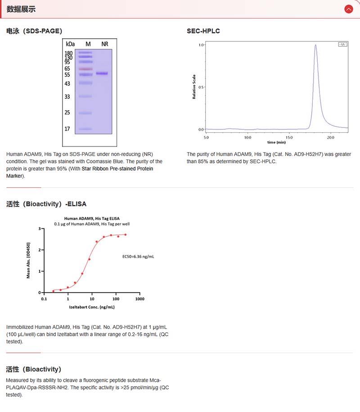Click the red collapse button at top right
[348, 9]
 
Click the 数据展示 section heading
[21, 9]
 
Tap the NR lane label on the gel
[105, 44]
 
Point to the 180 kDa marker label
[68, 53]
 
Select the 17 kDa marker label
[67, 129]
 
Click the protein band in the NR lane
[102, 73]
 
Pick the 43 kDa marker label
[67, 84]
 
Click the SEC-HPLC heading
[203, 31]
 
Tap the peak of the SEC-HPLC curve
[315, 45]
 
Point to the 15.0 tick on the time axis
[289, 137]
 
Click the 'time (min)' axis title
[276, 142]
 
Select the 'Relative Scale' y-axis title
[194, 87]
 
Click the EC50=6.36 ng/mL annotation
[138, 257]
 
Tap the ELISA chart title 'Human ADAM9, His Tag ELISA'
[92, 218]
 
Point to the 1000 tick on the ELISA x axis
[140, 299]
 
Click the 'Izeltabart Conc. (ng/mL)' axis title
[92, 307]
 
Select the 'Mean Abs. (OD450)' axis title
[29, 261]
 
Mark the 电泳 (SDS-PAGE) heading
[34, 31]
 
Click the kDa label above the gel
[70, 44]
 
